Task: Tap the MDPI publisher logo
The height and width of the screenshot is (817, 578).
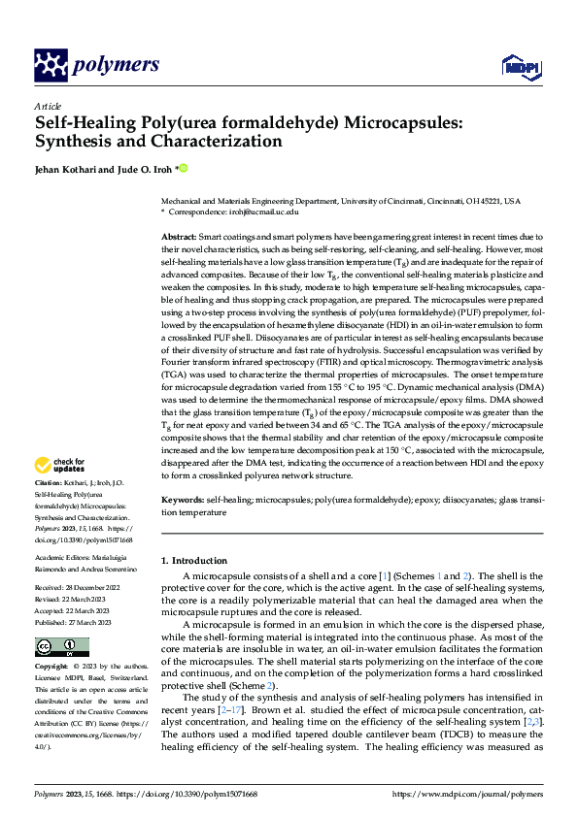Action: click(519, 65)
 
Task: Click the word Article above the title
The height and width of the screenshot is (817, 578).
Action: click(48, 106)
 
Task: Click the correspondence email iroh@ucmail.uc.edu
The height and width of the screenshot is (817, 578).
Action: click(261, 211)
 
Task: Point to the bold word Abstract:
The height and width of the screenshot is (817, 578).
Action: click(179, 237)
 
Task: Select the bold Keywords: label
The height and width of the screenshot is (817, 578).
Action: click(184, 500)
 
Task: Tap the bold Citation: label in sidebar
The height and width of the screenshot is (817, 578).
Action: click(50, 482)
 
